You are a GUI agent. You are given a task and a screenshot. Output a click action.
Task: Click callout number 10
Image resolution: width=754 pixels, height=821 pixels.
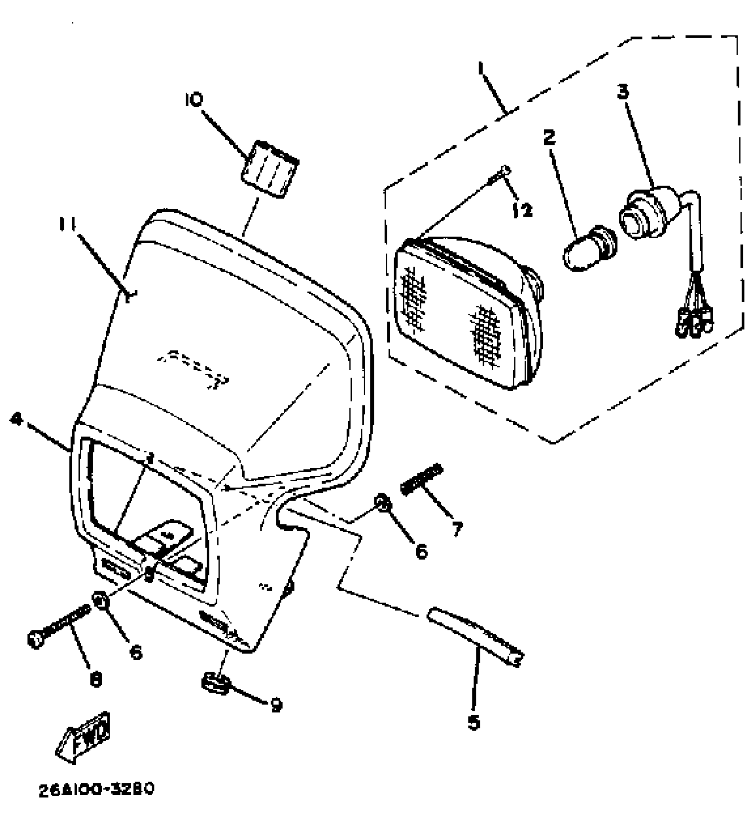(x=193, y=100)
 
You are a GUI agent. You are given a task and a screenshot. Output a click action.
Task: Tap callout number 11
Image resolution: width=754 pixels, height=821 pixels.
(x=67, y=225)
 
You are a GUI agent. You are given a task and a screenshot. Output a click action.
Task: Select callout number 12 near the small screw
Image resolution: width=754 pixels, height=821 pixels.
(x=522, y=210)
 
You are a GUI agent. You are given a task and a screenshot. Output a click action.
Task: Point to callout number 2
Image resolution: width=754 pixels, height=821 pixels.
(x=549, y=138)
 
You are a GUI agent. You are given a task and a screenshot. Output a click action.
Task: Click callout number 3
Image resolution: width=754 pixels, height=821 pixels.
(x=623, y=92)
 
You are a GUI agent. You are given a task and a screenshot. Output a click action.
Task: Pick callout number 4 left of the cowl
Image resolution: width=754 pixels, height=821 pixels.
(x=16, y=419)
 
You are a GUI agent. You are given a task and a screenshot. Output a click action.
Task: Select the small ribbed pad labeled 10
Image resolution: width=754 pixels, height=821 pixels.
(x=269, y=169)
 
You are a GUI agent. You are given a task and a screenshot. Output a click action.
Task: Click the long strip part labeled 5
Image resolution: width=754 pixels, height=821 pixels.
(x=475, y=636)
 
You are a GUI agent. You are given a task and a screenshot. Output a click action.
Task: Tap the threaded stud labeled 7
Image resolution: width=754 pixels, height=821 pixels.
(x=422, y=479)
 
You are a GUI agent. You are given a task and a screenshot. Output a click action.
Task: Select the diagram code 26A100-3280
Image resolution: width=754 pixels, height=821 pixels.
(x=96, y=789)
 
